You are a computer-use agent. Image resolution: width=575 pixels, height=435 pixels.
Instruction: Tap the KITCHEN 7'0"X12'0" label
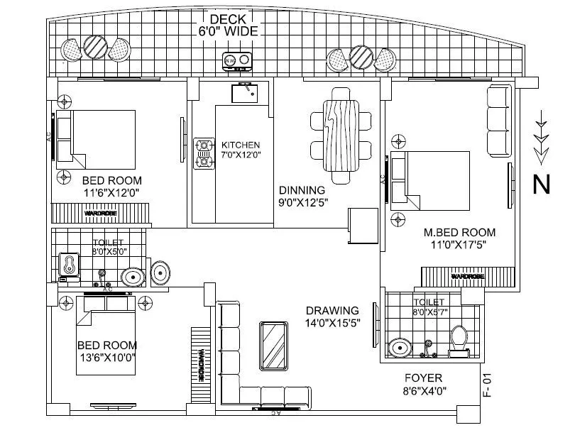click(241, 149)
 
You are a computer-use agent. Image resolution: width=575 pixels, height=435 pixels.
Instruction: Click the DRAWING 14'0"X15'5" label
click(332, 316)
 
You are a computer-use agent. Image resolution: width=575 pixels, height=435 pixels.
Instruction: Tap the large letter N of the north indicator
click(542, 185)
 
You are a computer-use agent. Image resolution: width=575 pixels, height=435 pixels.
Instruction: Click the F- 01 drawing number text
click(487, 388)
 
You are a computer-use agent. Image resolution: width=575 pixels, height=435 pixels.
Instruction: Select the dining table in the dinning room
click(341, 135)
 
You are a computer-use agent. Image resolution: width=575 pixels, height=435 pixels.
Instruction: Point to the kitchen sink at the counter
click(247, 90)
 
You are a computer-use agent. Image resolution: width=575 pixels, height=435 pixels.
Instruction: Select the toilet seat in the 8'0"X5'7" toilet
click(458, 338)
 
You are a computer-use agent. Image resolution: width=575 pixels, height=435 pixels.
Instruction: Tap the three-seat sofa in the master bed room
click(499, 121)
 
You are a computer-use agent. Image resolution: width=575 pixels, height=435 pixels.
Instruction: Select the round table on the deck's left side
click(94, 48)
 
